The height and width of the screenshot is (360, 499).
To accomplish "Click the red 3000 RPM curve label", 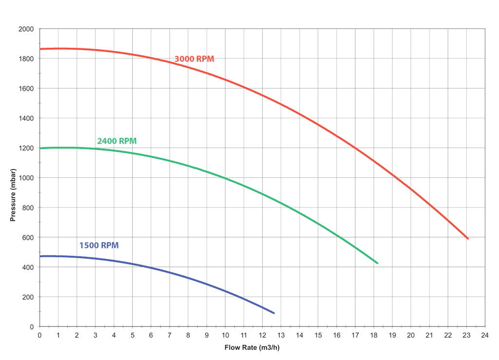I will [x=194, y=59].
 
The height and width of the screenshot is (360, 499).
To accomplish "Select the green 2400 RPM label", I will [x=116, y=141].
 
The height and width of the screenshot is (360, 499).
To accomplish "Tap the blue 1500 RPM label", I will [x=99, y=246].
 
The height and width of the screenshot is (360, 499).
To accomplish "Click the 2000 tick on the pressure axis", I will [x=25, y=29].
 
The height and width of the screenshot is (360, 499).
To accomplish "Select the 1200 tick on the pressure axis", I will [x=25, y=148].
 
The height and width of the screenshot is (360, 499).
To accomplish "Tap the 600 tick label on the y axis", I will [x=27, y=238].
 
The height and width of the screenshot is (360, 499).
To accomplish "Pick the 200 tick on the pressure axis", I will [x=27, y=297].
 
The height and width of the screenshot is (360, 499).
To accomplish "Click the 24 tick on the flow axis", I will [x=485, y=336].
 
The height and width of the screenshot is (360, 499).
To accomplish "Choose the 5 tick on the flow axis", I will [x=133, y=336].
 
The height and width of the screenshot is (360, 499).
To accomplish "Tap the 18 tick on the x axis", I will [x=373, y=336].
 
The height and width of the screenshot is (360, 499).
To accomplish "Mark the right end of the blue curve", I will [x=274, y=313].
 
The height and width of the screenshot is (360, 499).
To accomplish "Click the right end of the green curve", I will [x=377, y=264].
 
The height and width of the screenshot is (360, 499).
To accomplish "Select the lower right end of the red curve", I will [x=468, y=239].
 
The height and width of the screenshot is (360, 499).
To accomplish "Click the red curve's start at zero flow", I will [x=40, y=49].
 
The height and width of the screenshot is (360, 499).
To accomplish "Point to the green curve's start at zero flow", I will [x=40, y=148].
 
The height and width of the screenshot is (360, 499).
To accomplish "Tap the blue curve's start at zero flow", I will [x=40, y=256].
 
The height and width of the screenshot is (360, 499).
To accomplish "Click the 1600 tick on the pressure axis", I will [x=25, y=89].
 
